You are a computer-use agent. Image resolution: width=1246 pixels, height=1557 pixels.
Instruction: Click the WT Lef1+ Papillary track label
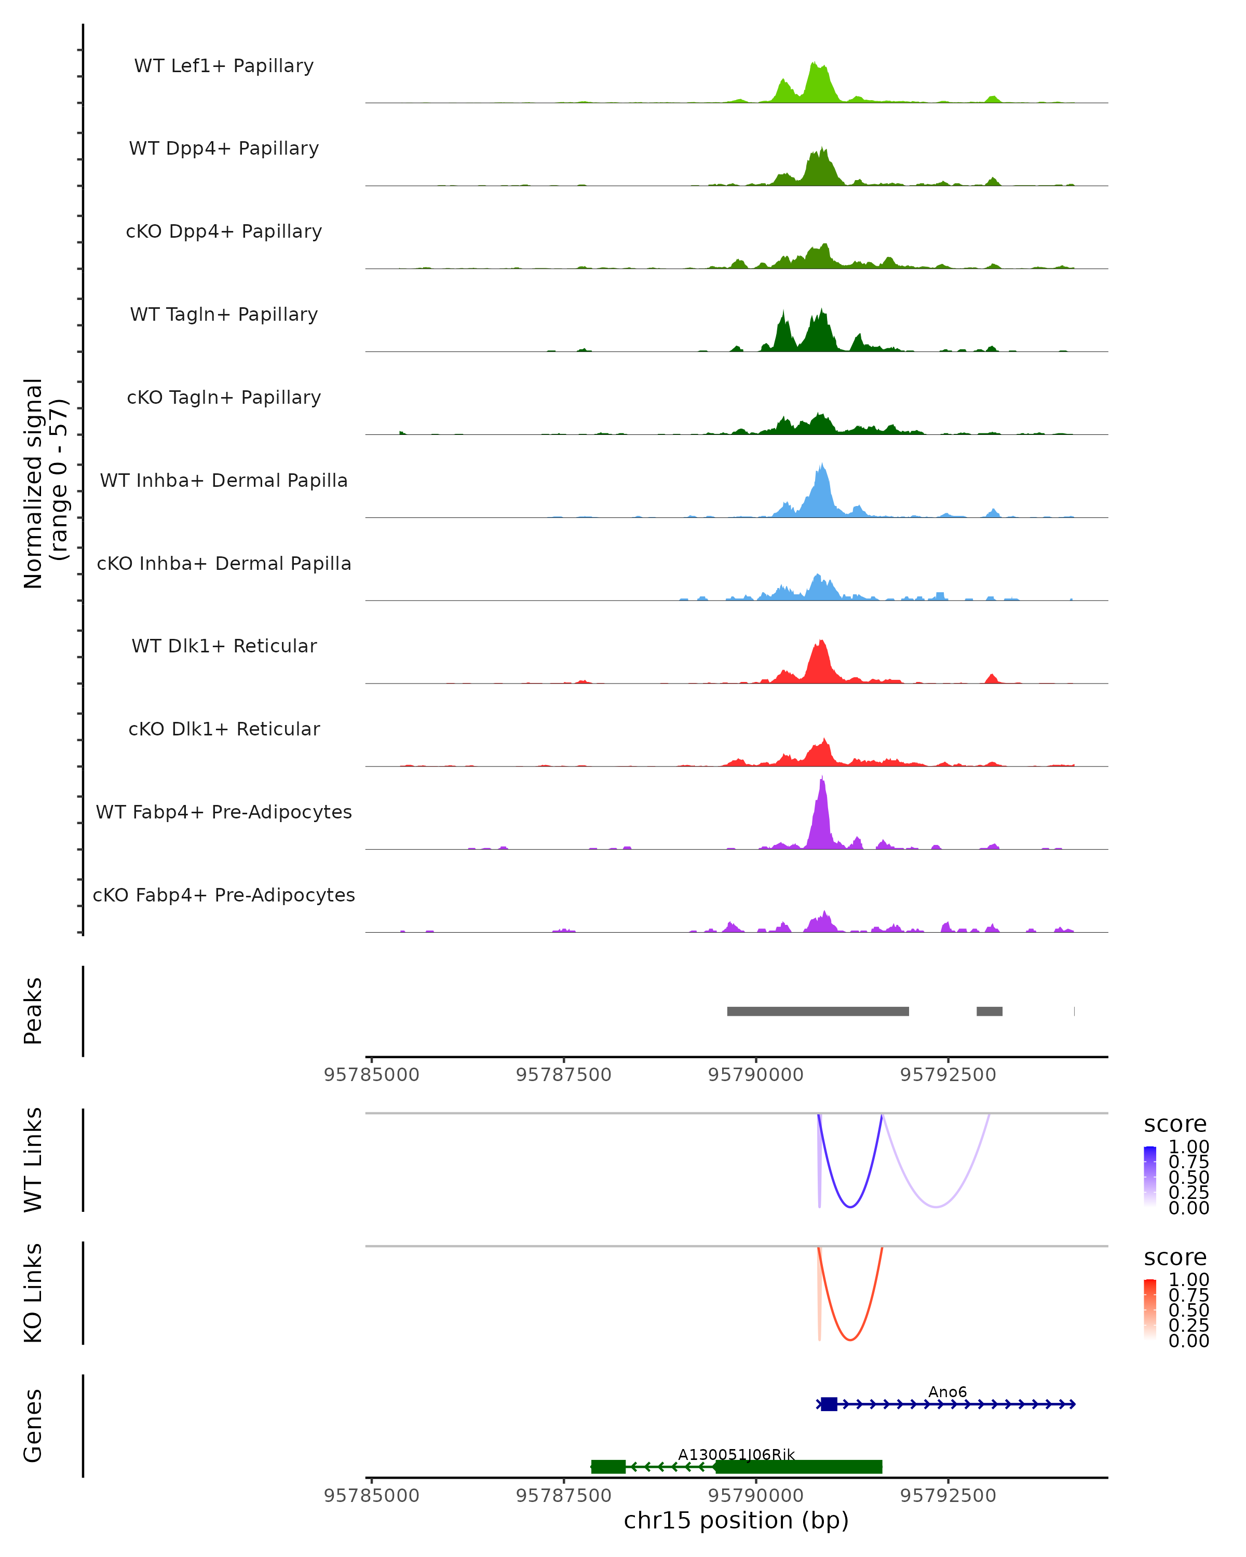224,66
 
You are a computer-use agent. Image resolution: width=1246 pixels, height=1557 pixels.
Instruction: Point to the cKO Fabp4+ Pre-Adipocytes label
224,895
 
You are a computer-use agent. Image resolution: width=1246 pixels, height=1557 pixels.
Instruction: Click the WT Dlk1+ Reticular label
224,646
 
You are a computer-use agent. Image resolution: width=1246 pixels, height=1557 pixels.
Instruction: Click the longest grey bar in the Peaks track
818,1011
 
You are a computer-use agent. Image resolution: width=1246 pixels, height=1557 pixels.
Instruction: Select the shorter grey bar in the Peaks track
989,1011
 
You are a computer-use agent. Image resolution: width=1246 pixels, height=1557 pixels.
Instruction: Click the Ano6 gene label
947,1391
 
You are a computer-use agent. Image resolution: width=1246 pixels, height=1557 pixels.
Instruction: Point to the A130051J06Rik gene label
736,1454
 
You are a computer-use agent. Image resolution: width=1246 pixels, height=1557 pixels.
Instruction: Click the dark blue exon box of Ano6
829,1404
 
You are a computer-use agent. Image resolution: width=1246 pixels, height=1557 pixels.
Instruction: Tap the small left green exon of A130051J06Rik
608,1467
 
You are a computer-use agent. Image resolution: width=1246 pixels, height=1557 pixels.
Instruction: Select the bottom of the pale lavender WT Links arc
936,1207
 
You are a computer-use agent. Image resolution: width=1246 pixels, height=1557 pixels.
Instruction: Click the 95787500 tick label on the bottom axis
563,1496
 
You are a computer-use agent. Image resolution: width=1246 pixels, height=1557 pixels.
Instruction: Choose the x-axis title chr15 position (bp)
736,1521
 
